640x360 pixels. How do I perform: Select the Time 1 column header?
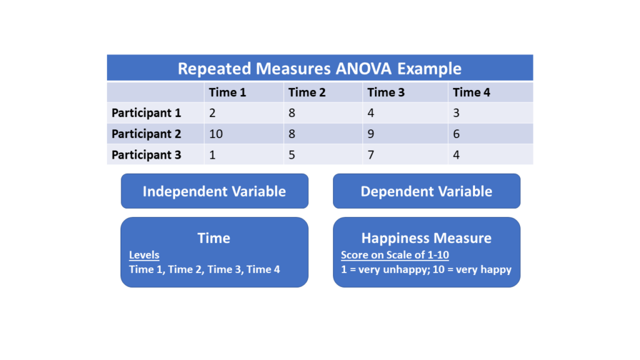227,92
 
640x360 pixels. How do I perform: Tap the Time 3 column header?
386,92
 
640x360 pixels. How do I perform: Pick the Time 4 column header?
471,92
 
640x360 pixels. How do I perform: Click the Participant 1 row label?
146,113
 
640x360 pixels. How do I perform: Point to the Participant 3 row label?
146,155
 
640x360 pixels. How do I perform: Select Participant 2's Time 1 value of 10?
216,134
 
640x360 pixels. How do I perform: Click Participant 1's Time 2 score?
292,113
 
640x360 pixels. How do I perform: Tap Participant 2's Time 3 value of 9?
371,134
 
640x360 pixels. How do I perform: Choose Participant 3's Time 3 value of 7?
371,155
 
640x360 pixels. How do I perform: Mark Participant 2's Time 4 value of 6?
456,134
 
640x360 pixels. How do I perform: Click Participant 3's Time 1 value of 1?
212,155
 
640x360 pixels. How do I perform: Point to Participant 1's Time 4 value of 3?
456,113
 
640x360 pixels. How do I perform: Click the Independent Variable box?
215,191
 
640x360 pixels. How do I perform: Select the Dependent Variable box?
426,191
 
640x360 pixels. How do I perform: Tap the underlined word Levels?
144,255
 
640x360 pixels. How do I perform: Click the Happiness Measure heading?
426,238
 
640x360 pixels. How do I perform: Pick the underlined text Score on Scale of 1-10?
395,255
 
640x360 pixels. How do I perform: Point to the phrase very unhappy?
387,270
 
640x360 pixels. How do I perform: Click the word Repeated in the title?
214,69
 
